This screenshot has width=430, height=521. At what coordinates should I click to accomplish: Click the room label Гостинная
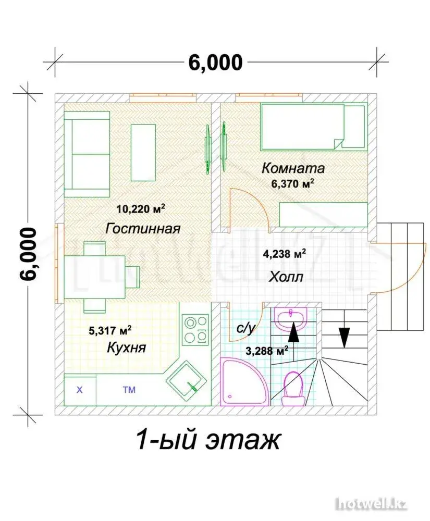(x=143, y=229)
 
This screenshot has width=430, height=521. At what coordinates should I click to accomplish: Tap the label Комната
(x=293, y=168)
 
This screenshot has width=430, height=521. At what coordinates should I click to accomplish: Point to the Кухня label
(x=126, y=348)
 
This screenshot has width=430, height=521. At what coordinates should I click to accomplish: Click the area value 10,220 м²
(x=141, y=209)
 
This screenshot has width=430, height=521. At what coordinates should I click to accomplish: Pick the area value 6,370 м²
(x=293, y=183)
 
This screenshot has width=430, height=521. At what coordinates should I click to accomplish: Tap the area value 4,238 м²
(x=285, y=254)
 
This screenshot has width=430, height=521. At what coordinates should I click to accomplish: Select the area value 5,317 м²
(x=110, y=331)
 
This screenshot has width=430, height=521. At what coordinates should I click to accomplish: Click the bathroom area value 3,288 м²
(x=267, y=351)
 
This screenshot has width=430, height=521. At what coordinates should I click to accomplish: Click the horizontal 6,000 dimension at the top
(x=215, y=63)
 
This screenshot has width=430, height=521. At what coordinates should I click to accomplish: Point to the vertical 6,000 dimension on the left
(x=28, y=254)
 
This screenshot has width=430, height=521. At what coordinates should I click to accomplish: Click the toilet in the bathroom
(x=293, y=389)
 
